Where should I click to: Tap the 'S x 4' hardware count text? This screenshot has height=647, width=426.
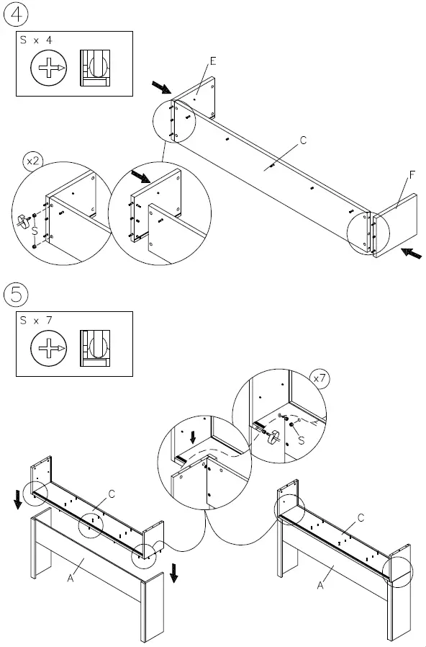[36, 40]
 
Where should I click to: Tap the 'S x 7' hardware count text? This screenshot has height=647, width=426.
[36, 320]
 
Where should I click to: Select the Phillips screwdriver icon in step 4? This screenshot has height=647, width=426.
[49, 68]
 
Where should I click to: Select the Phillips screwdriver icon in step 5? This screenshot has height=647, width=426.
[49, 348]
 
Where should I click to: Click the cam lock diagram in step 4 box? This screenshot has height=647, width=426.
[95, 68]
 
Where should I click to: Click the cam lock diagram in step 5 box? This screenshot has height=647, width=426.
[95, 348]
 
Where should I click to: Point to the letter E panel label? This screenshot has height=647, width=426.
[213, 61]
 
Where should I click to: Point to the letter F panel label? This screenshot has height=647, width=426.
[412, 175]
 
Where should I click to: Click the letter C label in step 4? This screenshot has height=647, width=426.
[303, 140]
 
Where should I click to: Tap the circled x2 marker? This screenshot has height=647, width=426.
[33, 161]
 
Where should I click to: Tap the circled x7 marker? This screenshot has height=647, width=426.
[319, 378]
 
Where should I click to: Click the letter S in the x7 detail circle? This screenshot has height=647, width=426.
[302, 440]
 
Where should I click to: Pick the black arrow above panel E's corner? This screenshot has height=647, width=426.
[162, 87]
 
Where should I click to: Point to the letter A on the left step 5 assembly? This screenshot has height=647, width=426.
[71, 578]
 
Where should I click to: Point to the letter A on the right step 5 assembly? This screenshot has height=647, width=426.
[320, 585]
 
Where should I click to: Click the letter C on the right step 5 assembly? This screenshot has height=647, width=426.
[361, 517]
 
